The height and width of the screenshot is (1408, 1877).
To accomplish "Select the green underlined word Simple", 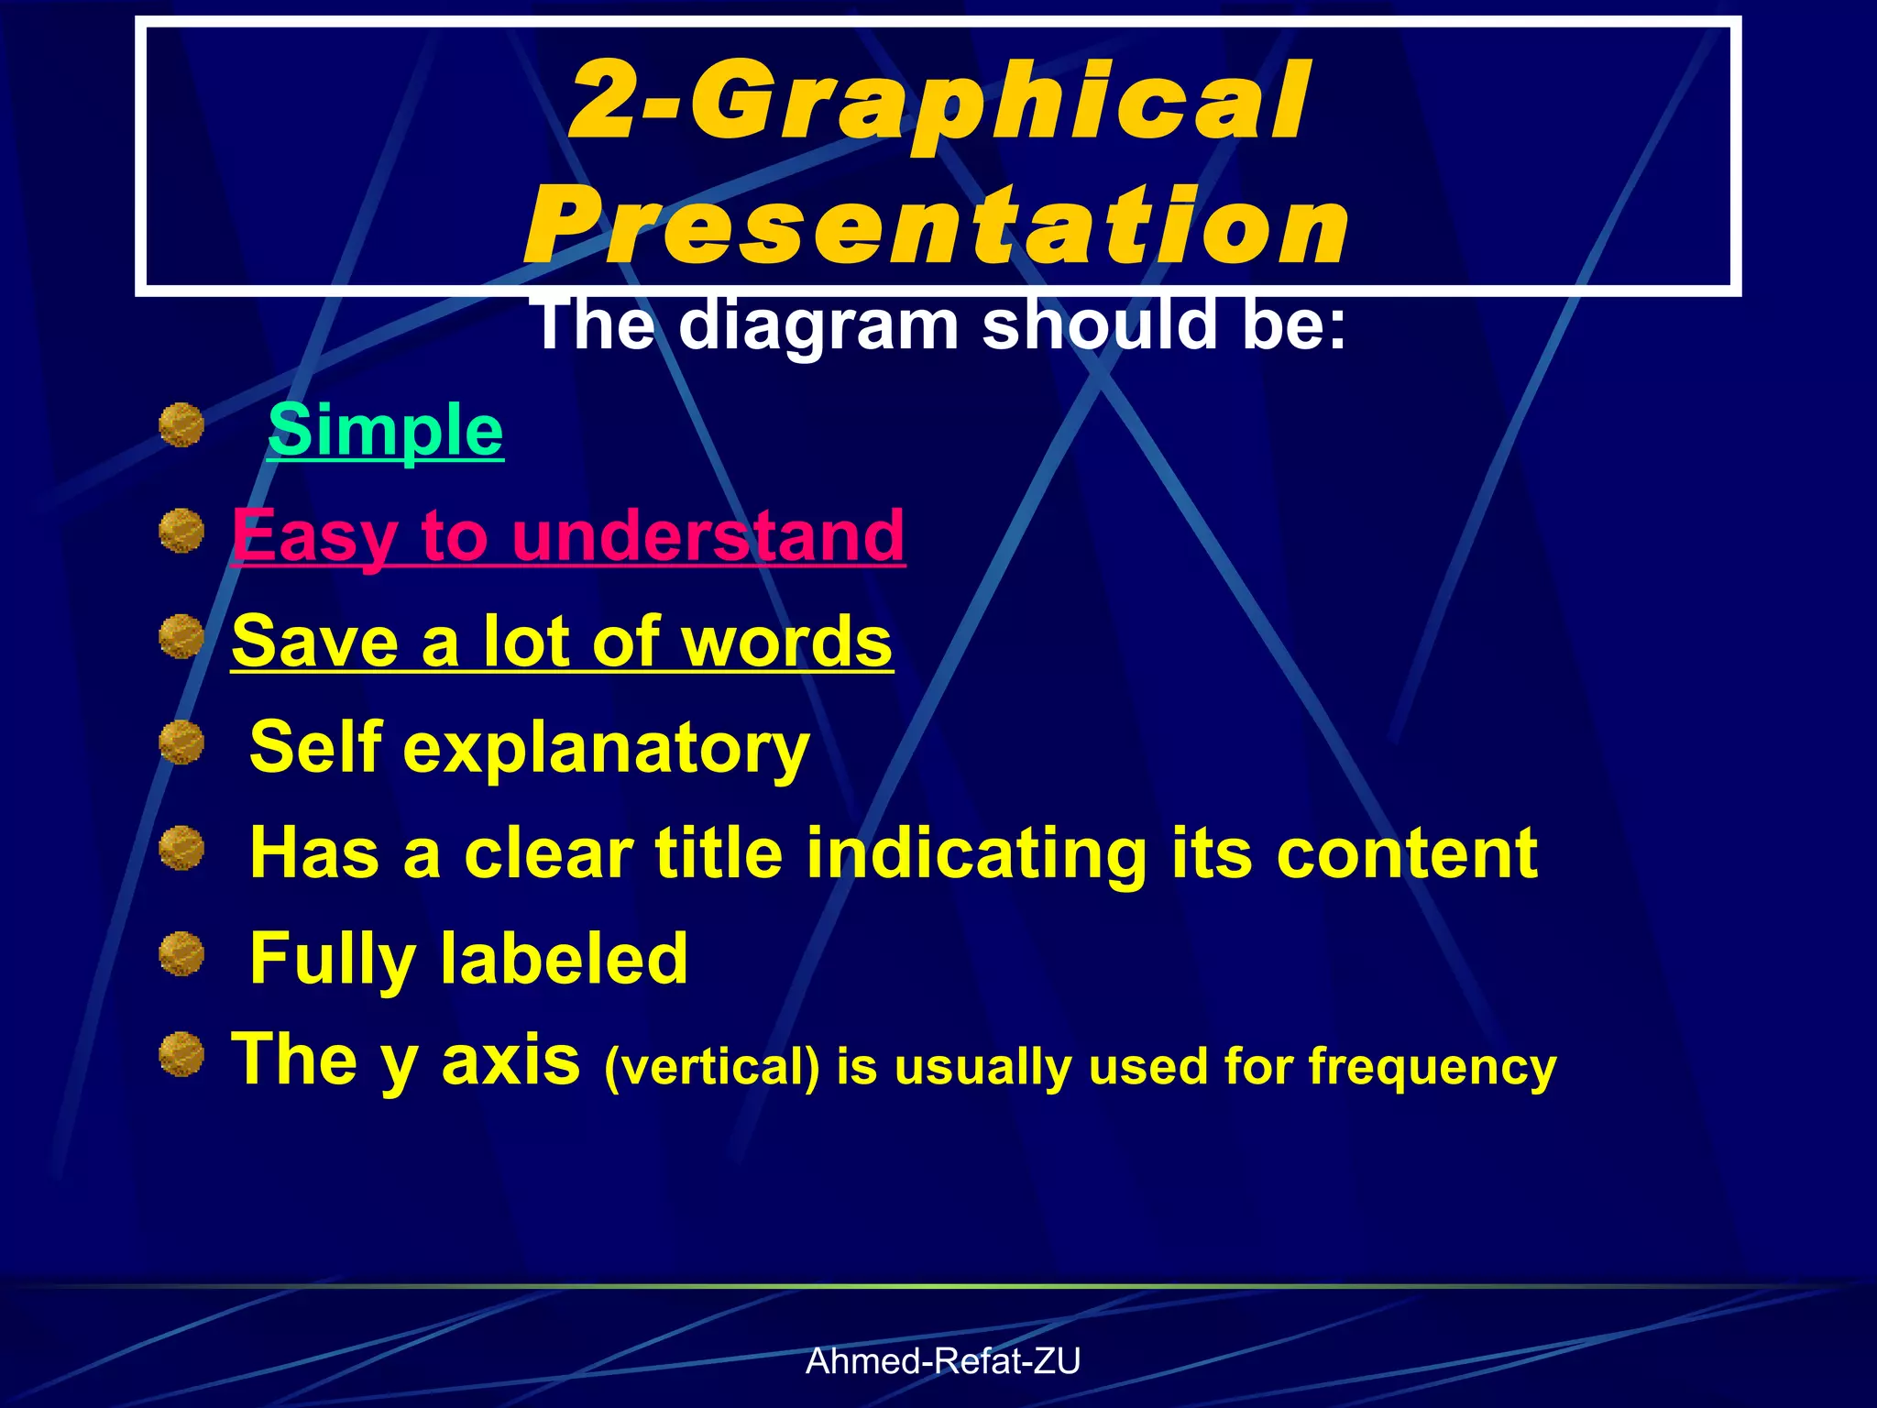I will (x=385, y=430).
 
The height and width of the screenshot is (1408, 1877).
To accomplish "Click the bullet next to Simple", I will (x=181, y=425).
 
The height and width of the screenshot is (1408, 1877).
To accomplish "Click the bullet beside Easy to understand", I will (x=181, y=531).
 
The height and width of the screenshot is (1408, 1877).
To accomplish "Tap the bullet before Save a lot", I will (x=181, y=636).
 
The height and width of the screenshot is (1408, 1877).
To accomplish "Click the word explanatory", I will (x=606, y=747).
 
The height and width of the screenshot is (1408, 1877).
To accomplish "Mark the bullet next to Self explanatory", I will (x=181, y=742).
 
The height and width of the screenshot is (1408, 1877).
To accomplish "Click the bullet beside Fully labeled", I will (x=181, y=953).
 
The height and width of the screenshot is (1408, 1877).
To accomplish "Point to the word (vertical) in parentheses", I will (x=711, y=1067).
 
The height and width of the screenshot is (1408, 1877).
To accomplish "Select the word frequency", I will (x=1432, y=1067).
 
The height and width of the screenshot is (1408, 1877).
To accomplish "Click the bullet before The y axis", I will (x=181, y=1054).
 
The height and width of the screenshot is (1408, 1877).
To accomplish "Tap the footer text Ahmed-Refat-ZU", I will (x=942, y=1361).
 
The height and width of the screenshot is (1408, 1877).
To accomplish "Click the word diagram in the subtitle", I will (x=818, y=326).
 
